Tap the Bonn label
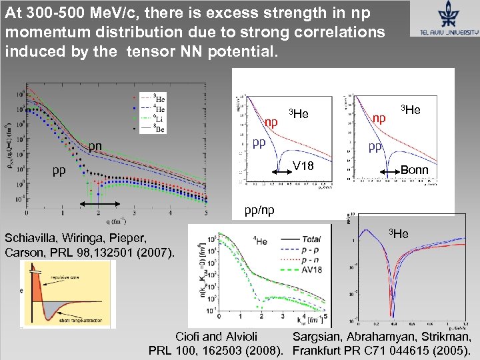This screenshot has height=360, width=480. tap(414, 170)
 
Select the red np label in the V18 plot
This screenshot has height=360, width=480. tap(271, 122)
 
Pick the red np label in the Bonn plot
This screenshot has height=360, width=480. tap(379, 118)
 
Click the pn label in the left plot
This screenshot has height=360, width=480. tap(96, 146)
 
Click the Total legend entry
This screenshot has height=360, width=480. tap(310, 238)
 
